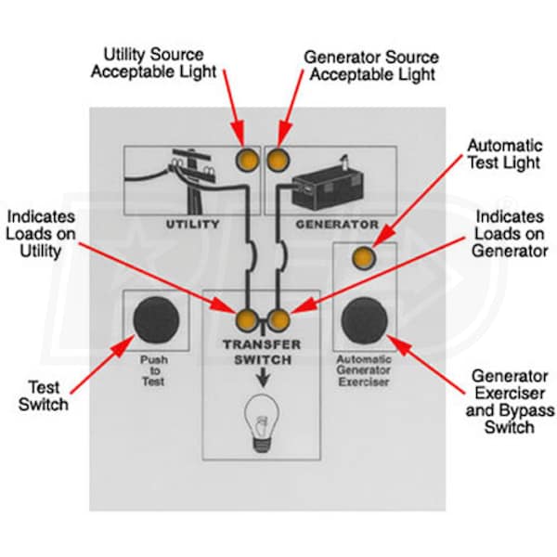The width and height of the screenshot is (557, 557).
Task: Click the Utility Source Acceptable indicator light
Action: (x=248, y=160)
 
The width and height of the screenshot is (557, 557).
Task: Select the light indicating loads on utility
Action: (x=247, y=320)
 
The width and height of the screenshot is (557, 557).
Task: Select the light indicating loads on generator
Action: (x=278, y=320)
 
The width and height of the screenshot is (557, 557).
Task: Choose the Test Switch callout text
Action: (x=43, y=395)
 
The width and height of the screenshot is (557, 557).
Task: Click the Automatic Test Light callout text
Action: (x=504, y=156)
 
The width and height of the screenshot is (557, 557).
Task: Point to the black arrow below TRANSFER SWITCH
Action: (x=261, y=378)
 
